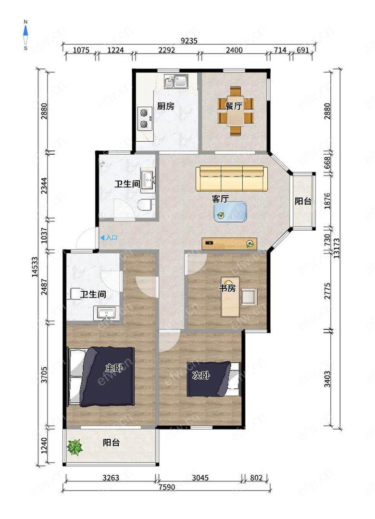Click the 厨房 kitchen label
pos(165,106)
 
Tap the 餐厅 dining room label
pos(234,106)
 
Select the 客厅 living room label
pos(220,198)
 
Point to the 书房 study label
pos(227,288)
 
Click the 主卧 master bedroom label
pos(113,368)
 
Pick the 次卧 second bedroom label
pos(201,375)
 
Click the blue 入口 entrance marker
pos(109,238)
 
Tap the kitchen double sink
pos(176,81)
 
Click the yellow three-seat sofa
pos(232,179)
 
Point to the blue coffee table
pos(230,212)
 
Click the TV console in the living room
pos(230,244)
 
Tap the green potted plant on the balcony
pos(75,447)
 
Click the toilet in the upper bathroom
pos(146,205)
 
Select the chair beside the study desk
pos(249,297)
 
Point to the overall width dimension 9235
pos(189,41)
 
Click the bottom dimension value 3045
pos(200,478)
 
